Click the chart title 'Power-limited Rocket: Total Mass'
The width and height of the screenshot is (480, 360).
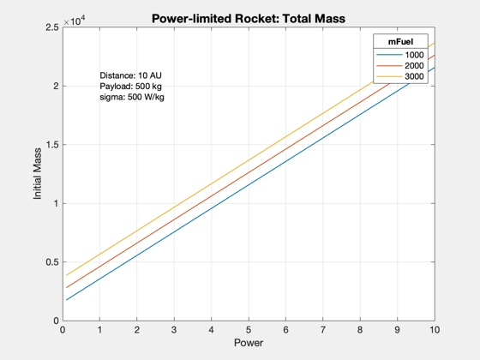click(249, 19)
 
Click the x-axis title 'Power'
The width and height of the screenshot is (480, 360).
click(249, 343)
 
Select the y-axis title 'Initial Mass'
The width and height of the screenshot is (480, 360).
click(38, 174)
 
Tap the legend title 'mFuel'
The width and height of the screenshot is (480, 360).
click(401, 42)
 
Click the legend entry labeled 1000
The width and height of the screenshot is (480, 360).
click(400, 55)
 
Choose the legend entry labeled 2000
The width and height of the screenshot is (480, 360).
click(400, 65)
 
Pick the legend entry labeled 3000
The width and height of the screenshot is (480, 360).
click(400, 76)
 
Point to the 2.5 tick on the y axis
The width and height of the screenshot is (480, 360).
click(52, 27)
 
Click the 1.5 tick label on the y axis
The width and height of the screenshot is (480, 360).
click(52, 145)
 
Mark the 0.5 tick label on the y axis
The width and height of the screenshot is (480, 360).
click(52, 262)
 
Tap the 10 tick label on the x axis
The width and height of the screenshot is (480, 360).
click(435, 330)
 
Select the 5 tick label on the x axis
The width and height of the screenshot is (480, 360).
click(249, 330)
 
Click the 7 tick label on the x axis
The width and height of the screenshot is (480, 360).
click(323, 330)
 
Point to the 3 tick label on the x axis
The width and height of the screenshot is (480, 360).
click(174, 330)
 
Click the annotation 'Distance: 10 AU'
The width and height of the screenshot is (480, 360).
click(130, 75)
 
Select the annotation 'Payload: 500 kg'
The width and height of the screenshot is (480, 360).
click(130, 87)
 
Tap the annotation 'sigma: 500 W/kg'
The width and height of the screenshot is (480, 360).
click(132, 97)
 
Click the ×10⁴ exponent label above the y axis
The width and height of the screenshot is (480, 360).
click(75, 21)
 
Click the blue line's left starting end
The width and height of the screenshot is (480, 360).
click(67, 300)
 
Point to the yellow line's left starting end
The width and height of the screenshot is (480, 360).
click(67, 275)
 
